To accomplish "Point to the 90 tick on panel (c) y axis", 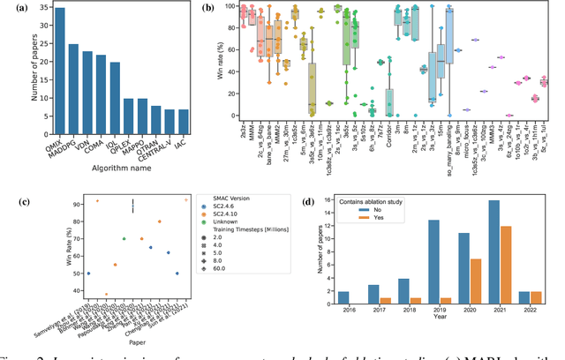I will click(69, 202).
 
